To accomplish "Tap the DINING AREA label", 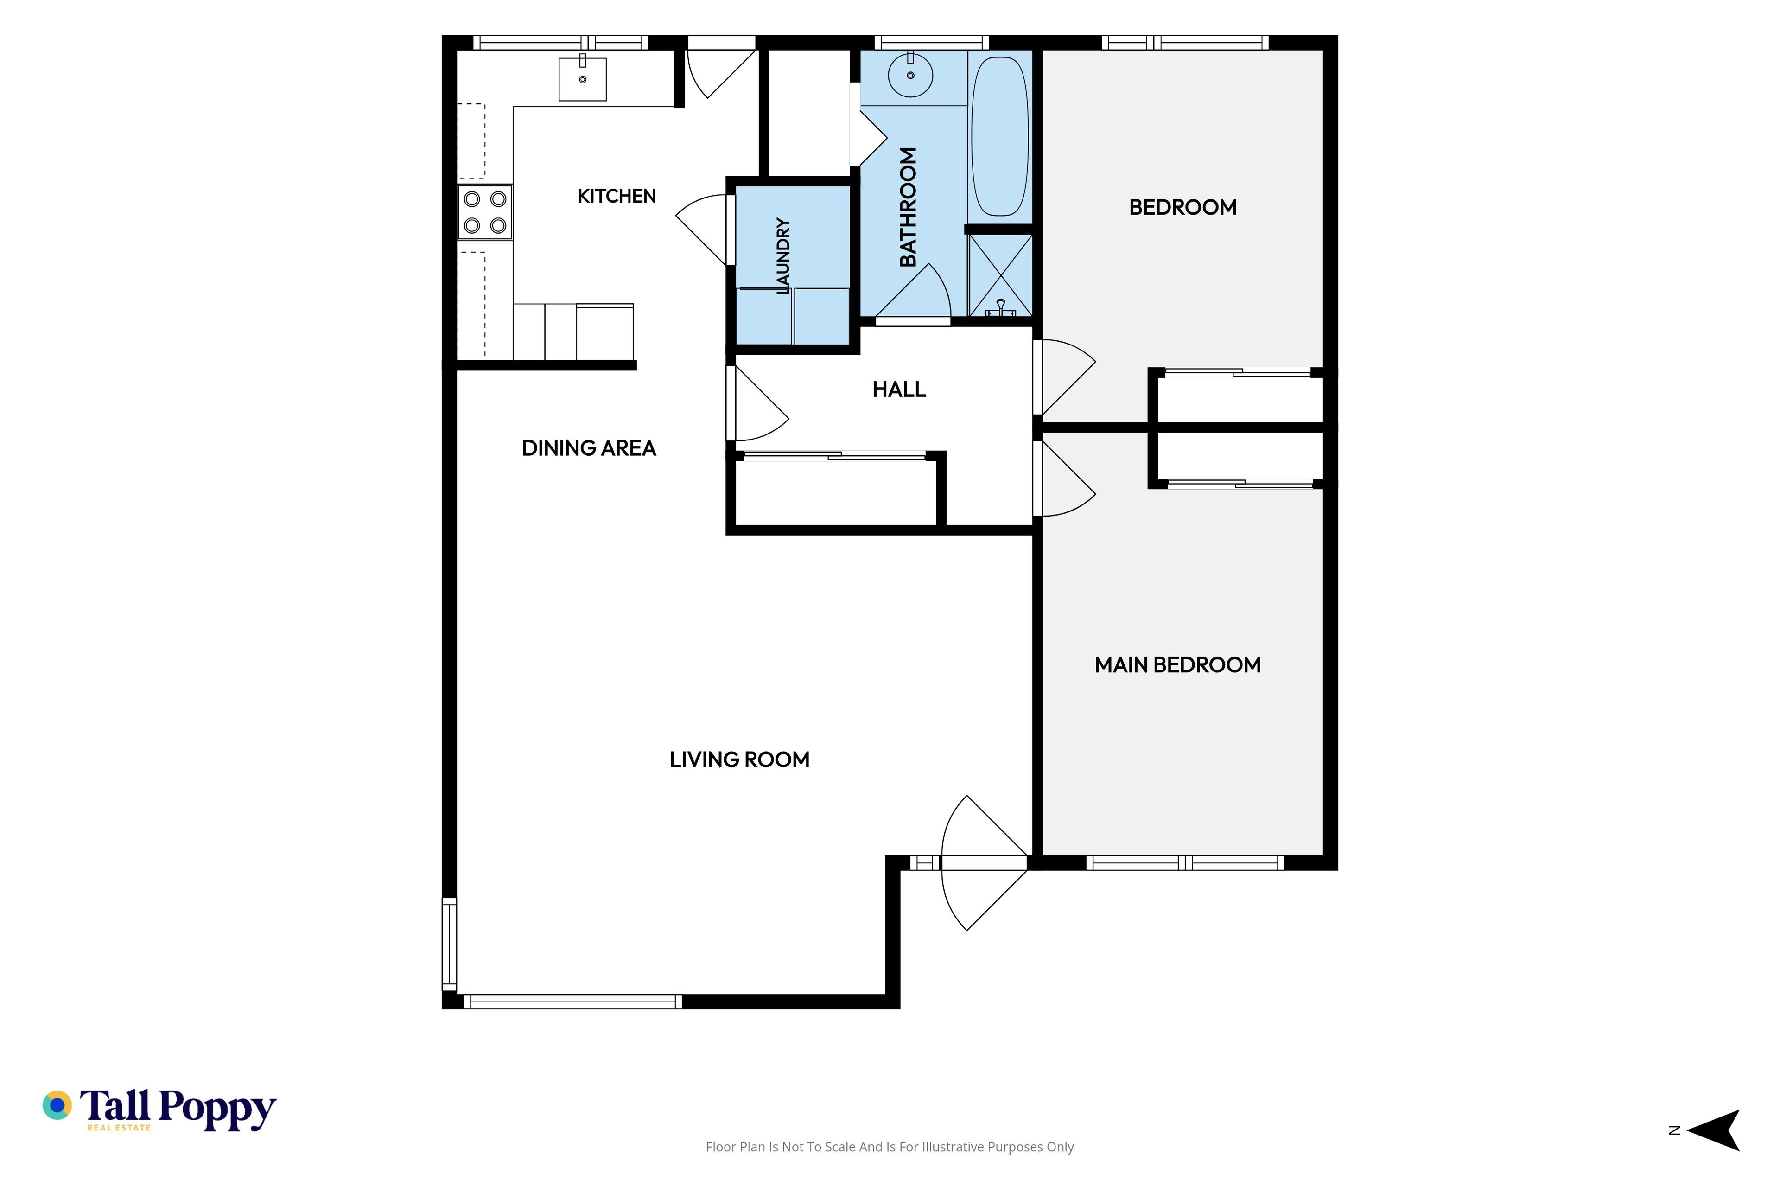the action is (589, 448).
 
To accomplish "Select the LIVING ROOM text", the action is (739, 759).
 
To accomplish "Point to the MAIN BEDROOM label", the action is (1177, 664).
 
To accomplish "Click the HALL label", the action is (899, 389).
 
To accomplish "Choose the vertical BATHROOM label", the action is (908, 207).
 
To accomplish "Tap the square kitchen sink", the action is (583, 79).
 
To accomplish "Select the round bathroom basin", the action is (910, 75).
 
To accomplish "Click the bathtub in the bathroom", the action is (1000, 136).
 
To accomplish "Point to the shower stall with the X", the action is (1000, 275).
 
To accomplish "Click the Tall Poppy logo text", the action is (178, 1109).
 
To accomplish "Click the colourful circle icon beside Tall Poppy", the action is (57, 1105).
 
